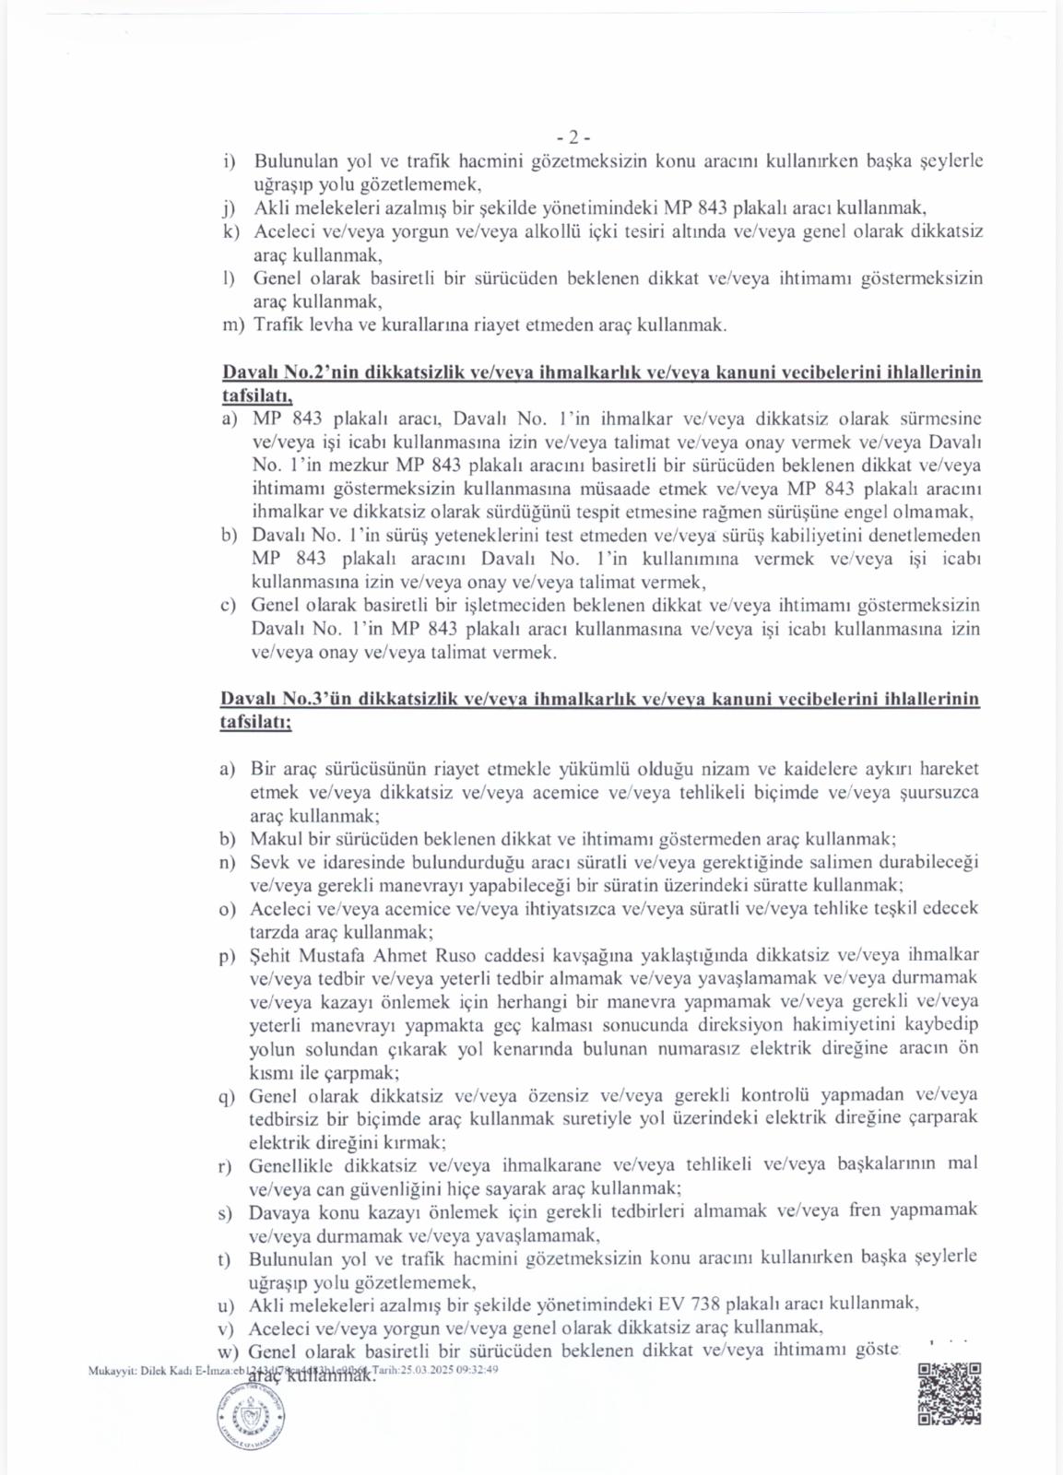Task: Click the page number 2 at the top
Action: point(573,137)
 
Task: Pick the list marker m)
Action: point(233,325)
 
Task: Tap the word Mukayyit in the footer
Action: point(112,1371)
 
